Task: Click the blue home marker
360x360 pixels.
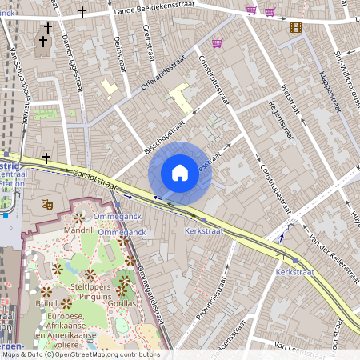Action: point(180,172)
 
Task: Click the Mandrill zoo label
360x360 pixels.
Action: point(79,229)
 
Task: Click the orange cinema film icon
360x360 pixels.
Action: point(297,27)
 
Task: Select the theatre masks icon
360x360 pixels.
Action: point(47,205)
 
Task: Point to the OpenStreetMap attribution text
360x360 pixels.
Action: point(81,354)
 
